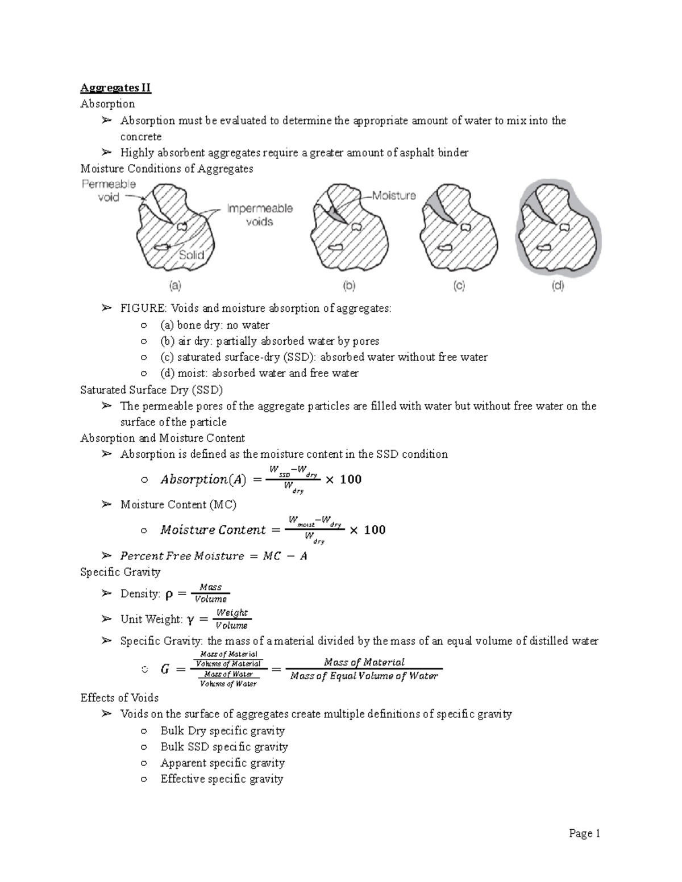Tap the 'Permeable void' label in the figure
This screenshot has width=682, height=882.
pos(109,191)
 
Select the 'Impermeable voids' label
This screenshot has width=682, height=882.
pos(260,215)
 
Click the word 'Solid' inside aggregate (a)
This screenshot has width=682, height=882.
pos(192,255)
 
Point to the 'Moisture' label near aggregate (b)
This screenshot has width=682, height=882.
pos(393,195)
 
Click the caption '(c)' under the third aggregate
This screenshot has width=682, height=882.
pos(459,286)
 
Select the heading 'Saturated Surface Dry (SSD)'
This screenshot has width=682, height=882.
pos(152,390)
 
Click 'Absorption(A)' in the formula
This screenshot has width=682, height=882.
pos(203,480)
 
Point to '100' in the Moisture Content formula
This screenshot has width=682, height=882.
pos(375,530)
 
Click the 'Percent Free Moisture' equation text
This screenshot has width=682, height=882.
pos(214,556)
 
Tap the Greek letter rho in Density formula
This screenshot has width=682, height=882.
pos(169,595)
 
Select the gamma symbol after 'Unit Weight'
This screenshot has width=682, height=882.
pos(190,620)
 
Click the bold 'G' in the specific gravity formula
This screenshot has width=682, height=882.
pos(165,670)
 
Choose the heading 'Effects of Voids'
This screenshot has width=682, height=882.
pos(119,698)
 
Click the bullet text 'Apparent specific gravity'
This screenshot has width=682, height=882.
pos(222,763)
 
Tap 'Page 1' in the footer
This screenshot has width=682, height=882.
pos(585,834)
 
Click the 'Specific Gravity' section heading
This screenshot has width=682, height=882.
pos(120,572)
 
